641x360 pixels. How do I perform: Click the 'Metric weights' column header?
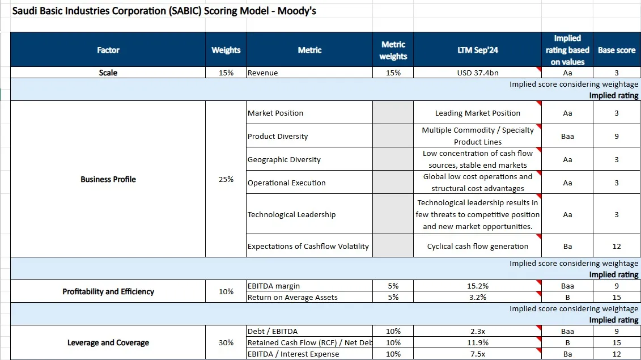tap(393, 50)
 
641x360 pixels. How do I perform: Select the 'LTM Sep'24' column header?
tap(477, 50)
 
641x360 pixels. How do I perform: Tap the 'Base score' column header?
tap(617, 50)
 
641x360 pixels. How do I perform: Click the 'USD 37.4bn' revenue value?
tap(477, 73)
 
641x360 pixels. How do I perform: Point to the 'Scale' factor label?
tap(108, 73)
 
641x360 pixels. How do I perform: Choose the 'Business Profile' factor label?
tap(108, 179)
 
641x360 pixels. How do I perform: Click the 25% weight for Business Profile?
tap(226, 179)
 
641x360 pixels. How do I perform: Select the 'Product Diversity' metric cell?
tap(278, 136)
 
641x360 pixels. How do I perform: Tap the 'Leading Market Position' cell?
tap(477, 113)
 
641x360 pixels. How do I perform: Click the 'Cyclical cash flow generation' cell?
tap(477, 246)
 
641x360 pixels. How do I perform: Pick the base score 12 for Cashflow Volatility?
tap(617, 246)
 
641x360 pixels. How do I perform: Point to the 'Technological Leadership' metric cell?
tap(291, 214)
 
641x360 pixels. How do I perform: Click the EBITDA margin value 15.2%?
tap(477, 286)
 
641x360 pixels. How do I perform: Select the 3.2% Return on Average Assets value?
tap(477, 298)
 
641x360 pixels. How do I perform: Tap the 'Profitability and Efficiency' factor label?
tap(108, 291)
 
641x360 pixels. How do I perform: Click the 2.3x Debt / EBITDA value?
tap(477, 331)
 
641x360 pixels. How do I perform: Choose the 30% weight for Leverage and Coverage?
tap(226, 343)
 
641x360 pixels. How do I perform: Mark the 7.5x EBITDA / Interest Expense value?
tap(477, 354)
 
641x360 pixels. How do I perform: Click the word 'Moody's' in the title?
tap(297, 11)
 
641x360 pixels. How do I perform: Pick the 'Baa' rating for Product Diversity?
tap(567, 136)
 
